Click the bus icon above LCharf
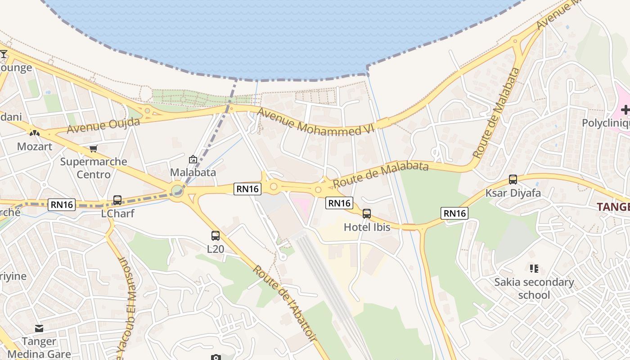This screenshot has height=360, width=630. click(117, 200)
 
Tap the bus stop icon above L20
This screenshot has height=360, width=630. click(216, 235)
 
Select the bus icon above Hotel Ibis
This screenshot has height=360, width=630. click(367, 214)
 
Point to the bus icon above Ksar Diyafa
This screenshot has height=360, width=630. click(513, 180)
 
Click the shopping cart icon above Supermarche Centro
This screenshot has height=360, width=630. click(94, 148)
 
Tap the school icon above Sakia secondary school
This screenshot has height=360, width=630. click(534, 269)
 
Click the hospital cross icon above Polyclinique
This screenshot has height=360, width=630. click(625, 110)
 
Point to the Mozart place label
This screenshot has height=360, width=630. click(35, 146)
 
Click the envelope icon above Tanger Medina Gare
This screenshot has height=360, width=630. click(39, 329)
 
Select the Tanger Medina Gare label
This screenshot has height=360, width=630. click(39, 347)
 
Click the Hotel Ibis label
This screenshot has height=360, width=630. click(367, 227)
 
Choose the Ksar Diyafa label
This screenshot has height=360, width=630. click(513, 193)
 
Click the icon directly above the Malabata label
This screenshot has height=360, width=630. click(193, 159)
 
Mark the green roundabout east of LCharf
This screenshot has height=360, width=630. click(177, 191)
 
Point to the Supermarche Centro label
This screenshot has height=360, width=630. click(94, 168)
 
